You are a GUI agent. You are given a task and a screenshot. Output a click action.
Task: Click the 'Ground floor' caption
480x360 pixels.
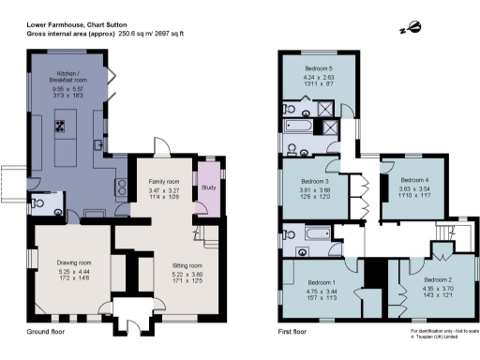(x=49, y=333)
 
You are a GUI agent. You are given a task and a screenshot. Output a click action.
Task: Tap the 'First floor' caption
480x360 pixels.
(x=292, y=333)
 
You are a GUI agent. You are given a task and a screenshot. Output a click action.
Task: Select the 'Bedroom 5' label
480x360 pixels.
(x=322, y=68)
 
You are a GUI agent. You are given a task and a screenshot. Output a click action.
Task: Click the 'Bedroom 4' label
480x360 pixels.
(x=413, y=179)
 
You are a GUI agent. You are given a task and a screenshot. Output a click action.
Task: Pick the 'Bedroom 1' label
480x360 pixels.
(x=322, y=281)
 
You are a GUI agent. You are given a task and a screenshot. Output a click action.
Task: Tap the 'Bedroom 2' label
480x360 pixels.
(x=437, y=279)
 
